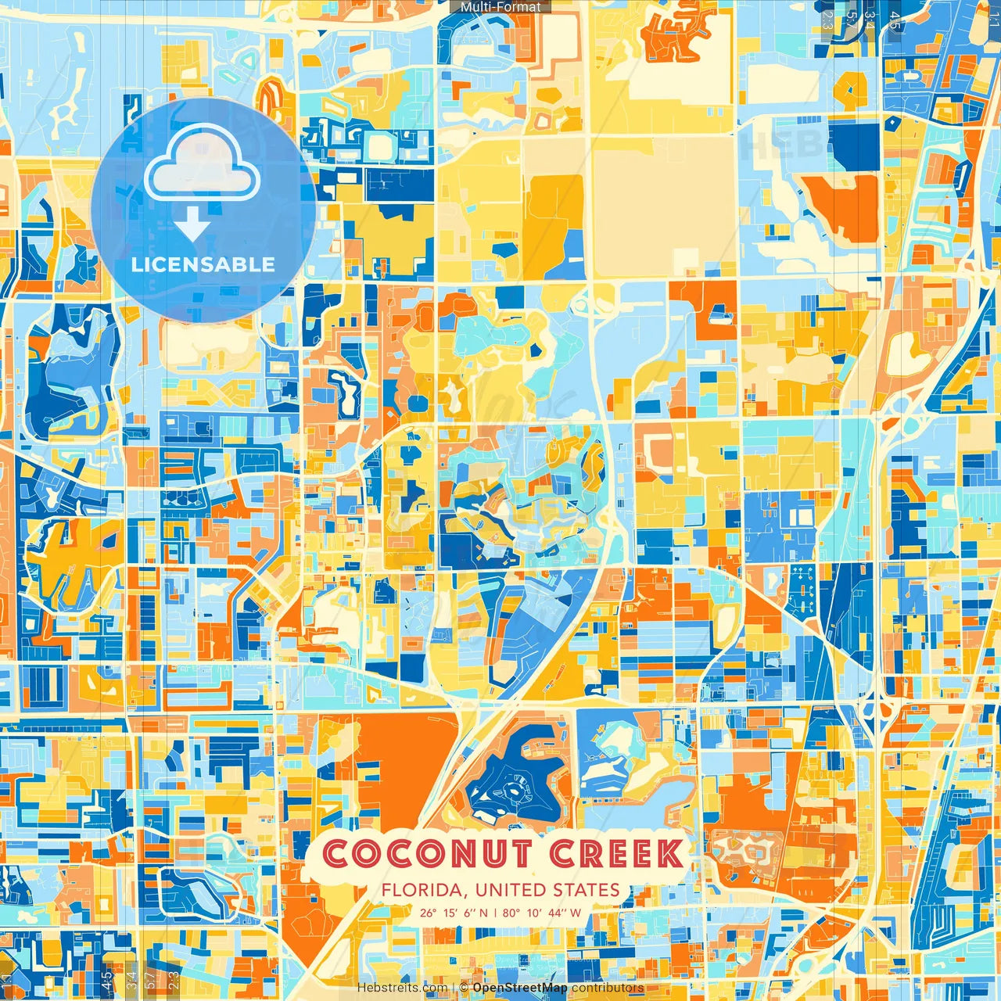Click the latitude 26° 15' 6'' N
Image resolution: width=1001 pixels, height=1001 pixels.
[453, 913]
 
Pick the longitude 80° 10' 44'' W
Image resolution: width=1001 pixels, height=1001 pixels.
[542, 913]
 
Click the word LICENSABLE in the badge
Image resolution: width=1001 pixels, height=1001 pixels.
[203, 264]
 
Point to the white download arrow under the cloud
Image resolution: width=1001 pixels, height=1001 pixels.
[192, 225]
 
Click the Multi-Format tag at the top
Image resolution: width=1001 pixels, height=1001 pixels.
[500, 7]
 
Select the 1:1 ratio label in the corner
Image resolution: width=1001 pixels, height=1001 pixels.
[993, 14]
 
